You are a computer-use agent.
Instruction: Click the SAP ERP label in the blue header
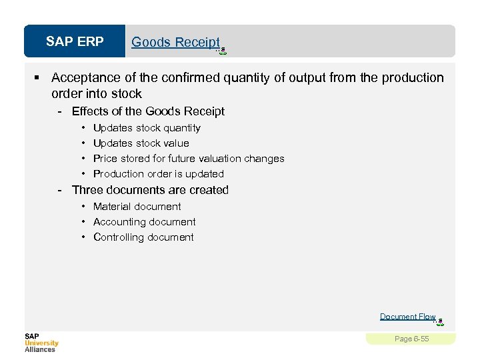pyautogui.click(x=75, y=42)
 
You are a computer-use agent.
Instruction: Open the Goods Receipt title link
pyautogui.click(x=175, y=42)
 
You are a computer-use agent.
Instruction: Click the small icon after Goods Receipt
pyautogui.click(x=223, y=49)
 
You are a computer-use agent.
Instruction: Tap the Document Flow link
pyautogui.click(x=407, y=317)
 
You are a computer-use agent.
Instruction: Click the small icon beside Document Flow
pyautogui.click(x=440, y=322)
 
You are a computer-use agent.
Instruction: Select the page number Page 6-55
pyautogui.click(x=411, y=339)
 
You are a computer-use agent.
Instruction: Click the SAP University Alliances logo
pyautogui.click(x=41, y=342)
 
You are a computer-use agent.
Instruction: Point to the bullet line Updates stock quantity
pyautogui.click(x=147, y=128)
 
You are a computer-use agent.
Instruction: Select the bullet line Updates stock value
pyautogui.click(x=141, y=143)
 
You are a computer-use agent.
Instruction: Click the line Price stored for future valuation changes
pyautogui.click(x=189, y=159)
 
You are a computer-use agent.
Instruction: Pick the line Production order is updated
pyautogui.click(x=159, y=174)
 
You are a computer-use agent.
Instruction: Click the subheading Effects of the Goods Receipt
pyautogui.click(x=148, y=111)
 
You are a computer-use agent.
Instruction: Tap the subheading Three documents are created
pyautogui.click(x=150, y=190)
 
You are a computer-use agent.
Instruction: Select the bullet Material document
pyautogui.click(x=137, y=207)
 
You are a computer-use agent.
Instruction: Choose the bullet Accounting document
pyautogui.click(x=144, y=222)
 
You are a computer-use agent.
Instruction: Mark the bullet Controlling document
pyautogui.click(x=143, y=237)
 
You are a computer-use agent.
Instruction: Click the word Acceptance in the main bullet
pyautogui.click(x=84, y=78)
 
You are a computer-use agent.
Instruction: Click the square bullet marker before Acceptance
pyautogui.click(x=39, y=78)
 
